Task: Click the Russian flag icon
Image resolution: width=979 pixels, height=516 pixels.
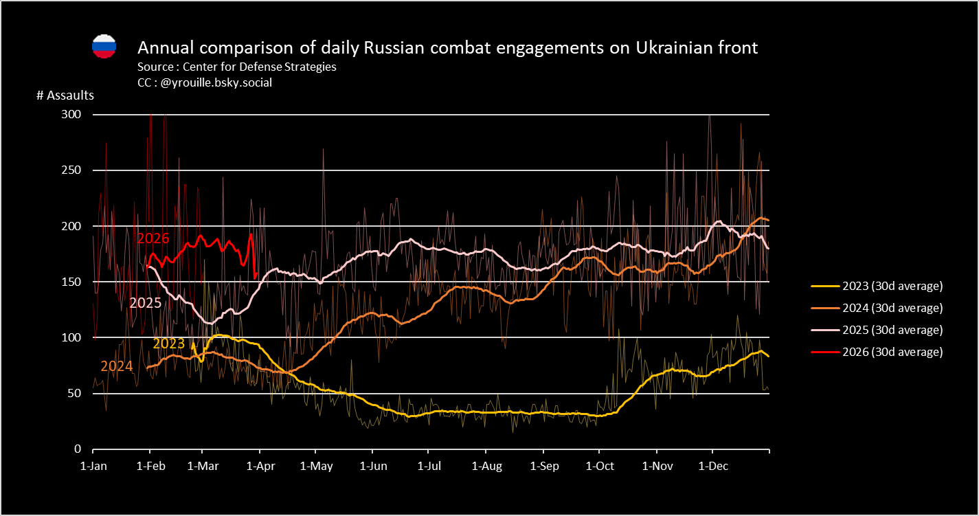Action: click(x=104, y=46)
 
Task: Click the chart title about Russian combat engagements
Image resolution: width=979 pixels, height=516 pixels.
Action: click(x=447, y=47)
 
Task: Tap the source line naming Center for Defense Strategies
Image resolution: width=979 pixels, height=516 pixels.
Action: click(x=237, y=67)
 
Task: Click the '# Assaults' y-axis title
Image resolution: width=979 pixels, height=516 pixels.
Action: click(x=65, y=96)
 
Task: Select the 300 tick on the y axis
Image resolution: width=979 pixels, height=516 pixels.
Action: click(x=71, y=114)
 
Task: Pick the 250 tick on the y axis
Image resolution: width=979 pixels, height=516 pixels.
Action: click(x=71, y=170)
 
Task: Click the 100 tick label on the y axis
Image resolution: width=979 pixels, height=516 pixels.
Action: click(x=71, y=337)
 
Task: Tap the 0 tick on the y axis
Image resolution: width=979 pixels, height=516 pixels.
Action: click(x=77, y=449)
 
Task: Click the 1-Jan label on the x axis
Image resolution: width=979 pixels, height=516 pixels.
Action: click(x=93, y=467)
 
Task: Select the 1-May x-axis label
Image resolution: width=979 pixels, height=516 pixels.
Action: click(x=315, y=467)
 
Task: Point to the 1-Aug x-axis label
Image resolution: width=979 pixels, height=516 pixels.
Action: click(x=486, y=467)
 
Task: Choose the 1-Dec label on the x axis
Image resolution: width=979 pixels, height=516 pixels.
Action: click(x=712, y=467)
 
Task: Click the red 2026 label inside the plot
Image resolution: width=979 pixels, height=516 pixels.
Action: click(x=153, y=238)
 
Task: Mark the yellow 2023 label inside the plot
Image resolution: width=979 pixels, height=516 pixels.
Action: click(x=169, y=344)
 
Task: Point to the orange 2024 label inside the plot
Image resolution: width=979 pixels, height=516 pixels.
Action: click(x=117, y=366)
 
